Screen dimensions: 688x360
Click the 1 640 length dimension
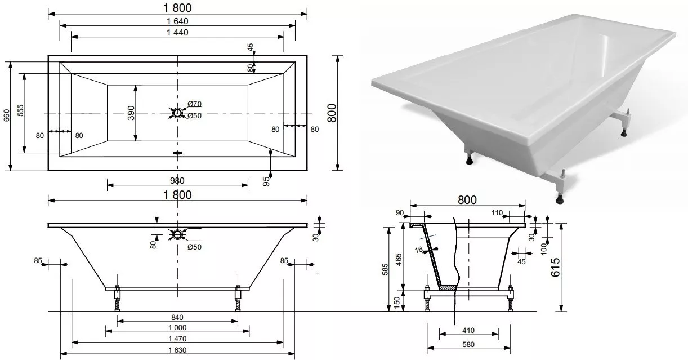[x=177, y=21]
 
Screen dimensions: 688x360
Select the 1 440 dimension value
[x=177, y=32]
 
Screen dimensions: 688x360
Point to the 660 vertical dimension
[x=7, y=115]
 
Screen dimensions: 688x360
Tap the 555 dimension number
[x=20, y=110]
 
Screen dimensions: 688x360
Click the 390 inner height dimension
[x=131, y=113]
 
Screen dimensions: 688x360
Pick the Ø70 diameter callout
[x=194, y=104]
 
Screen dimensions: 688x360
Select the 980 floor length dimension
[x=177, y=180]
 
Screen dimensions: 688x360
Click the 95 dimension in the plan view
[x=266, y=181]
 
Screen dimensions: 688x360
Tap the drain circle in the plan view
[x=177, y=113]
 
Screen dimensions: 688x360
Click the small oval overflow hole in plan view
[x=177, y=152]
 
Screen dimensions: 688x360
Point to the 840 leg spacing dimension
[x=177, y=317]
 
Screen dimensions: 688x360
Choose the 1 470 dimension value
[x=177, y=339]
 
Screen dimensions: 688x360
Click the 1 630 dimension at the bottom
[x=177, y=350]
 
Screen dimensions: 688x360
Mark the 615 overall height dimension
[x=556, y=268]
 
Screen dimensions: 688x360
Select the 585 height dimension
[x=385, y=269]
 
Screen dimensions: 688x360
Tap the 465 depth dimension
[x=399, y=260]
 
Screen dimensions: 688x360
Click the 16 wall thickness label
[x=418, y=250]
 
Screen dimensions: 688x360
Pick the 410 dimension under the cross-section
[x=468, y=331]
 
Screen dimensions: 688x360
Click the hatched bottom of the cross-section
[x=448, y=288]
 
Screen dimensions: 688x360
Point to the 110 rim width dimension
[x=497, y=212]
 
